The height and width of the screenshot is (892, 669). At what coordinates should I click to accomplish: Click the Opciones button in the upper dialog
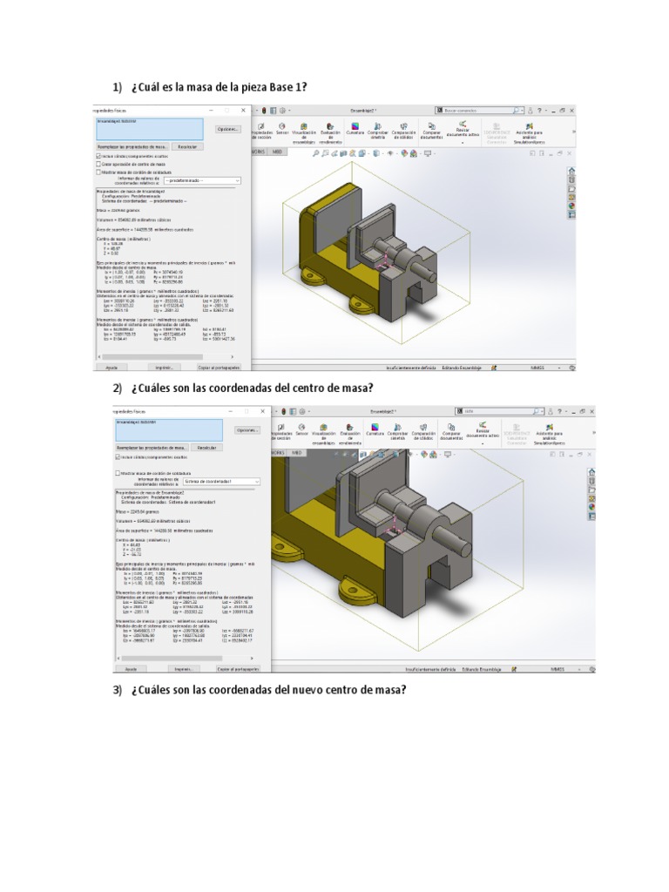point(227,129)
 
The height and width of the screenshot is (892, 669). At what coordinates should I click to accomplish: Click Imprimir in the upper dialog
point(160,368)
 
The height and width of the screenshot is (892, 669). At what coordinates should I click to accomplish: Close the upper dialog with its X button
point(243,111)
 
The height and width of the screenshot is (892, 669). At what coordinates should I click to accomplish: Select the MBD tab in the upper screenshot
point(278,152)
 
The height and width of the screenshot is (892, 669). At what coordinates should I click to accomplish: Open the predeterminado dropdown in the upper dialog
point(202,179)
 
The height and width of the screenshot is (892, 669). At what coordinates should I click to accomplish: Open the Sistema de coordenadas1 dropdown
point(221,480)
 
